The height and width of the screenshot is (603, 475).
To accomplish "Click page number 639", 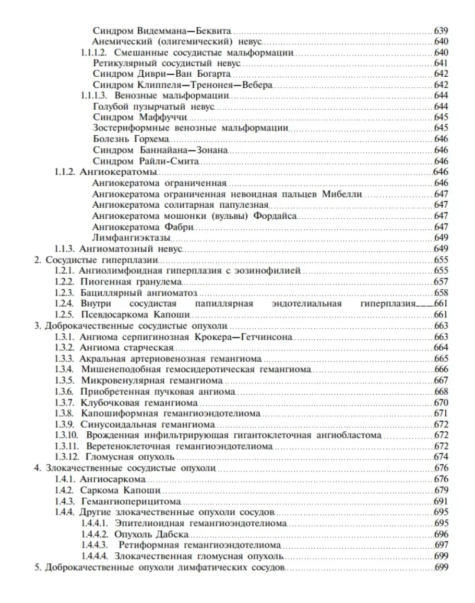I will click(441, 31).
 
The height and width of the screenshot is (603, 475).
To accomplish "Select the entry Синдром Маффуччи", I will click(125, 117).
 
